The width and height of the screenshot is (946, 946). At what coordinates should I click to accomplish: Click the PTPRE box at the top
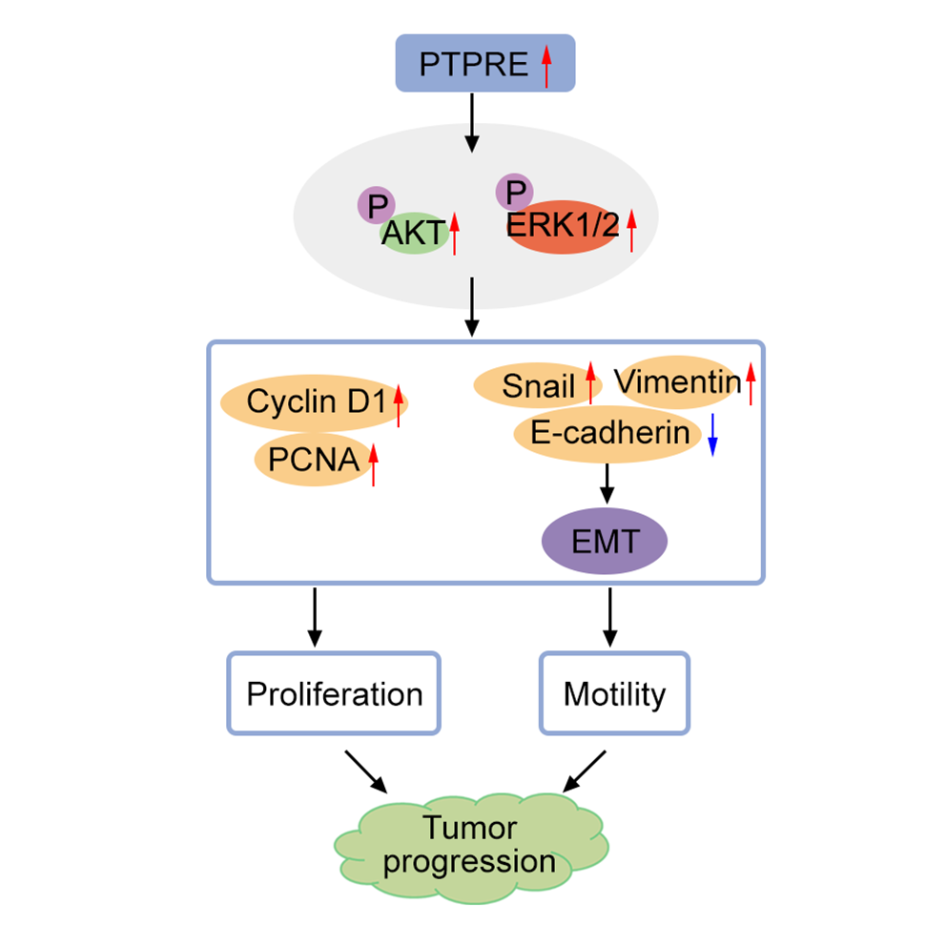[484, 63]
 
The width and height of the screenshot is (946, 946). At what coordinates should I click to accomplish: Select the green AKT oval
[414, 233]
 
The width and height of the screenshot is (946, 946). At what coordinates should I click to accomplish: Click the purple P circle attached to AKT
[377, 204]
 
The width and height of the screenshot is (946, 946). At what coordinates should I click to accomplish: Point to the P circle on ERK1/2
[515, 192]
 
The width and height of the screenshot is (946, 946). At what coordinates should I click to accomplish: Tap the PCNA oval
[313, 461]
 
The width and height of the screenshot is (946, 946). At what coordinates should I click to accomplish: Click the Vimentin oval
[677, 382]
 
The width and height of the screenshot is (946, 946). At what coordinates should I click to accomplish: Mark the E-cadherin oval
[609, 434]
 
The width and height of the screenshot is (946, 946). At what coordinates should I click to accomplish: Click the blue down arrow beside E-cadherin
[712, 435]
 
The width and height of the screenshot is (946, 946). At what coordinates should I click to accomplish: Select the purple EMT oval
[604, 541]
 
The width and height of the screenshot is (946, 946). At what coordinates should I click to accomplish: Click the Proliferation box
[333, 693]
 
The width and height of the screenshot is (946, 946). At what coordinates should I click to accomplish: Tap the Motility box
[614, 693]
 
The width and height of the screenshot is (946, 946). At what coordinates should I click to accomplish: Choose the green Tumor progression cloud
[469, 845]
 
